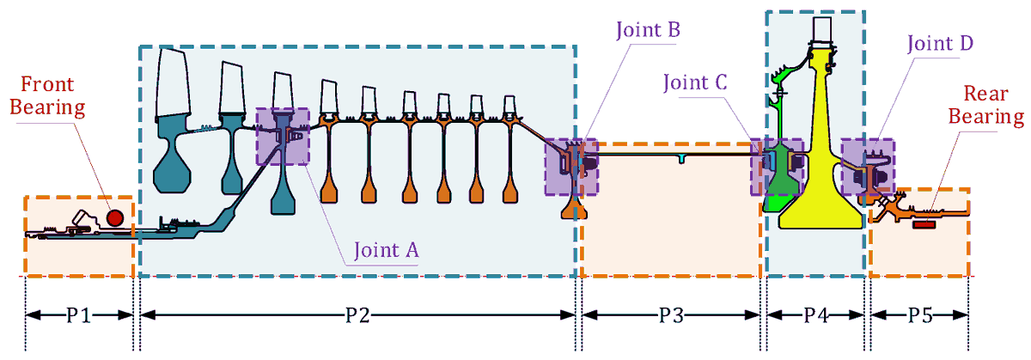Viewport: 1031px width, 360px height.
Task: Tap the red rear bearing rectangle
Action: tap(924, 224)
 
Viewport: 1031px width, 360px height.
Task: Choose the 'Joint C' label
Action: tap(695, 82)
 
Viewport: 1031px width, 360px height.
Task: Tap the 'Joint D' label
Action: tap(938, 42)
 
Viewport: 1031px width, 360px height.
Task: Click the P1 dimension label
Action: tap(79, 315)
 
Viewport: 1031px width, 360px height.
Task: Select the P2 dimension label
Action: tap(357, 315)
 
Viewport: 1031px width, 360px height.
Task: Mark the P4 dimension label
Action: tap(814, 315)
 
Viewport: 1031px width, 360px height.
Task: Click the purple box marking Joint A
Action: tap(283, 136)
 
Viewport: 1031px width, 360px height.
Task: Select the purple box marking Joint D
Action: tap(867, 168)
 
